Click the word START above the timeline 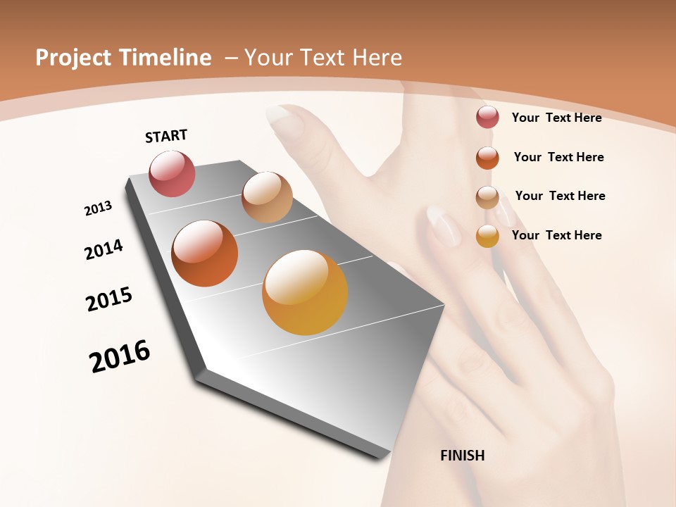166,136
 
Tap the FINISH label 462,456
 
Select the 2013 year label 98,208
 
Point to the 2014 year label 104,250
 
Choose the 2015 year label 109,299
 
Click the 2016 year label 120,356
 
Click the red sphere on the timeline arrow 172,173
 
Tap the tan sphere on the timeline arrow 267,197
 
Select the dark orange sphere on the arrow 205,254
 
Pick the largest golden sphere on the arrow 305,292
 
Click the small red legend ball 487,117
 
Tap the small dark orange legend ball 487,157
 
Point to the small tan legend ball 487,196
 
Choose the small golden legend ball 487,236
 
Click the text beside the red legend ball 556,118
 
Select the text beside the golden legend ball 556,235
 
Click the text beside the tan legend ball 560,196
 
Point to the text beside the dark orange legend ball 558,157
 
